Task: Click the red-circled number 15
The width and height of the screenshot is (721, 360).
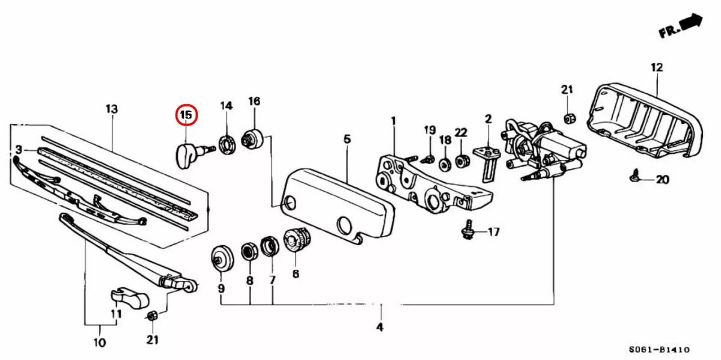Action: pyautogui.click(x=186, y=115)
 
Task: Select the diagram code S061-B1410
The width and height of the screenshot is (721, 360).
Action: pyautogui.click(x=659, y=349)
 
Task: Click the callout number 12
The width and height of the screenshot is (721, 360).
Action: pyautogui.click(x=656, y=68)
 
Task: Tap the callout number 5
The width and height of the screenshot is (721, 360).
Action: pyautogui.click(x=347, y=139)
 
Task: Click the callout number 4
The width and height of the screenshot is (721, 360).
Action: pyautogui.click(x=379, y=327)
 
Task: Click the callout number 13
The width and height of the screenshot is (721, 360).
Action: pyautogui.click(x=112, y=109)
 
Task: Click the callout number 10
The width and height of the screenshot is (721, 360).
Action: pyautogui.click(x=100, y=343)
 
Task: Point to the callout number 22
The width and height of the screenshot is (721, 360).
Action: pyautogui.click(x=461, y=132)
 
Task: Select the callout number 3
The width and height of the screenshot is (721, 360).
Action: pyautogui.click(x=19, y=149)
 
